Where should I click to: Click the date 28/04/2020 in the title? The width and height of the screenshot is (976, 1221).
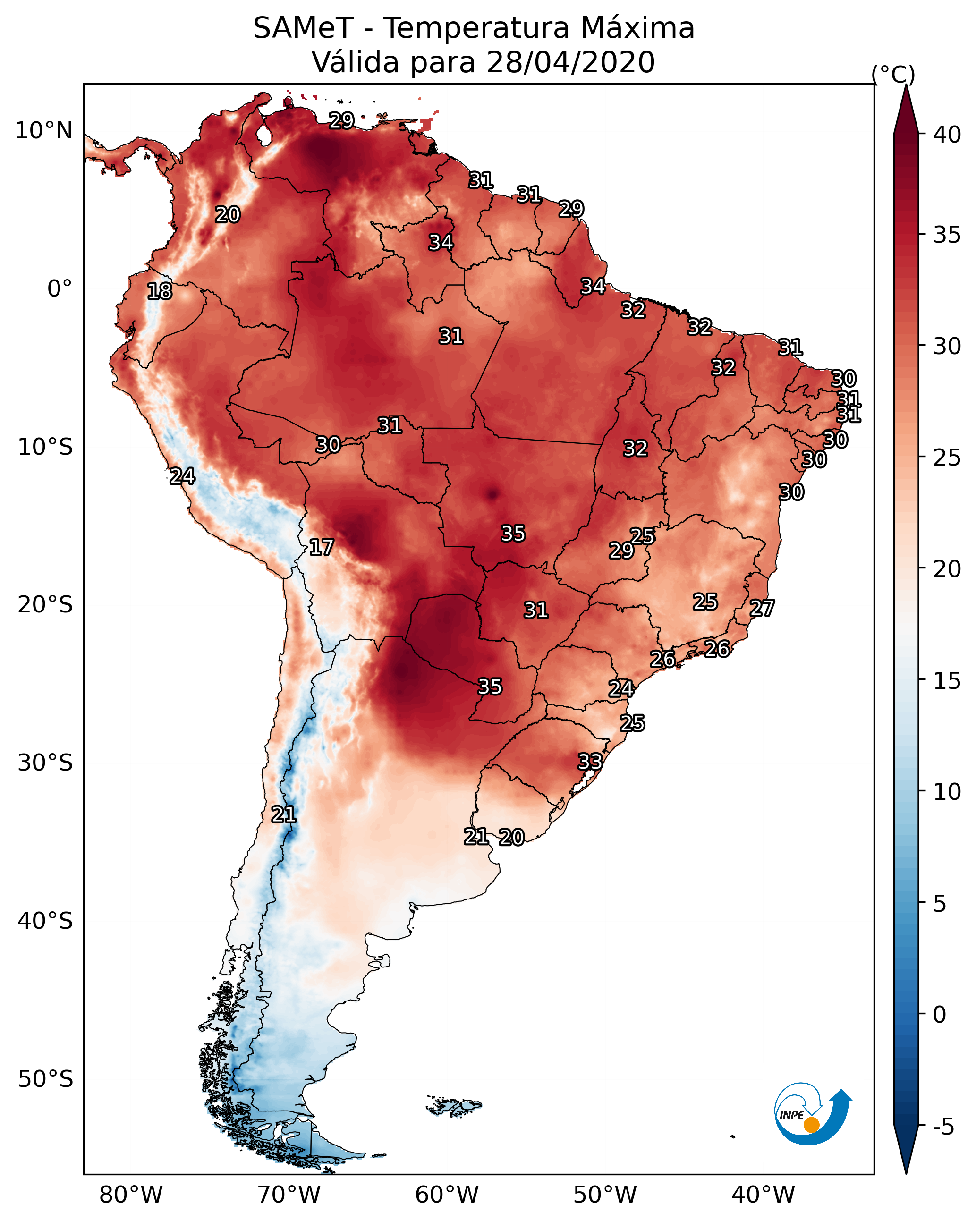tap(570, 62)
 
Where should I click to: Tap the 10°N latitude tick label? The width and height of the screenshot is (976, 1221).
tap(43, 131)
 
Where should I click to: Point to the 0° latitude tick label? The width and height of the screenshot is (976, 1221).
tap(59, 289)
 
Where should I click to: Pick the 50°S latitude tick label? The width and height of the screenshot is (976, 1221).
tap(45, 1079)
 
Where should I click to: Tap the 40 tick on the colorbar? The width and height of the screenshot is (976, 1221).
tap(947, 135)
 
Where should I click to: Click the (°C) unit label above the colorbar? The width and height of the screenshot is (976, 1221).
tap(893, 74)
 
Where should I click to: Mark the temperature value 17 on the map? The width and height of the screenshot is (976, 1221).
tap(321, 548)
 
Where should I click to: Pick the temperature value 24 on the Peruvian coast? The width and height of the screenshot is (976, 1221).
tap(182, 476)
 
